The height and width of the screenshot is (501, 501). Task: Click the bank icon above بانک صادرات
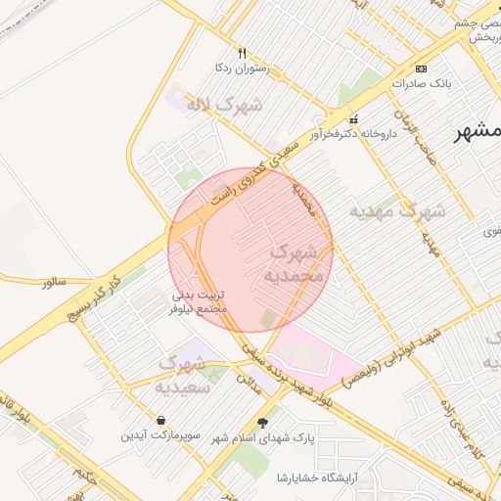pos(422,68)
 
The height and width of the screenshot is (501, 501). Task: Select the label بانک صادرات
pos(422,83)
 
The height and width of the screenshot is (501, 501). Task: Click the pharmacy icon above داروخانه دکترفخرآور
pos(353,119)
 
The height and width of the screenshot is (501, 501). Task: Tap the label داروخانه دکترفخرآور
pos(353,133)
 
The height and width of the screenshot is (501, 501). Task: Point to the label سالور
pos(54,282)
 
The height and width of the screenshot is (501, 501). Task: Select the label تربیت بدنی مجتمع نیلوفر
pos(200,301)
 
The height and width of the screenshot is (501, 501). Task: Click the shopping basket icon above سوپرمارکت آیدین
pos(159,420)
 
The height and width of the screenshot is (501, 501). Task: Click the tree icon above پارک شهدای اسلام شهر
pos(261,423)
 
